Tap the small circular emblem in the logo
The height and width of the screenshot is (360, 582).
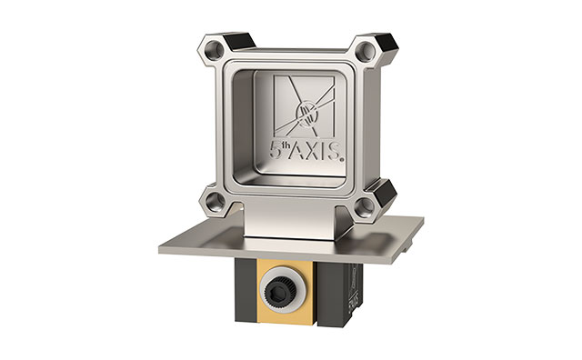coord(308,114)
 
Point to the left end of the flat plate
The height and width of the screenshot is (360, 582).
coord(169,245)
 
